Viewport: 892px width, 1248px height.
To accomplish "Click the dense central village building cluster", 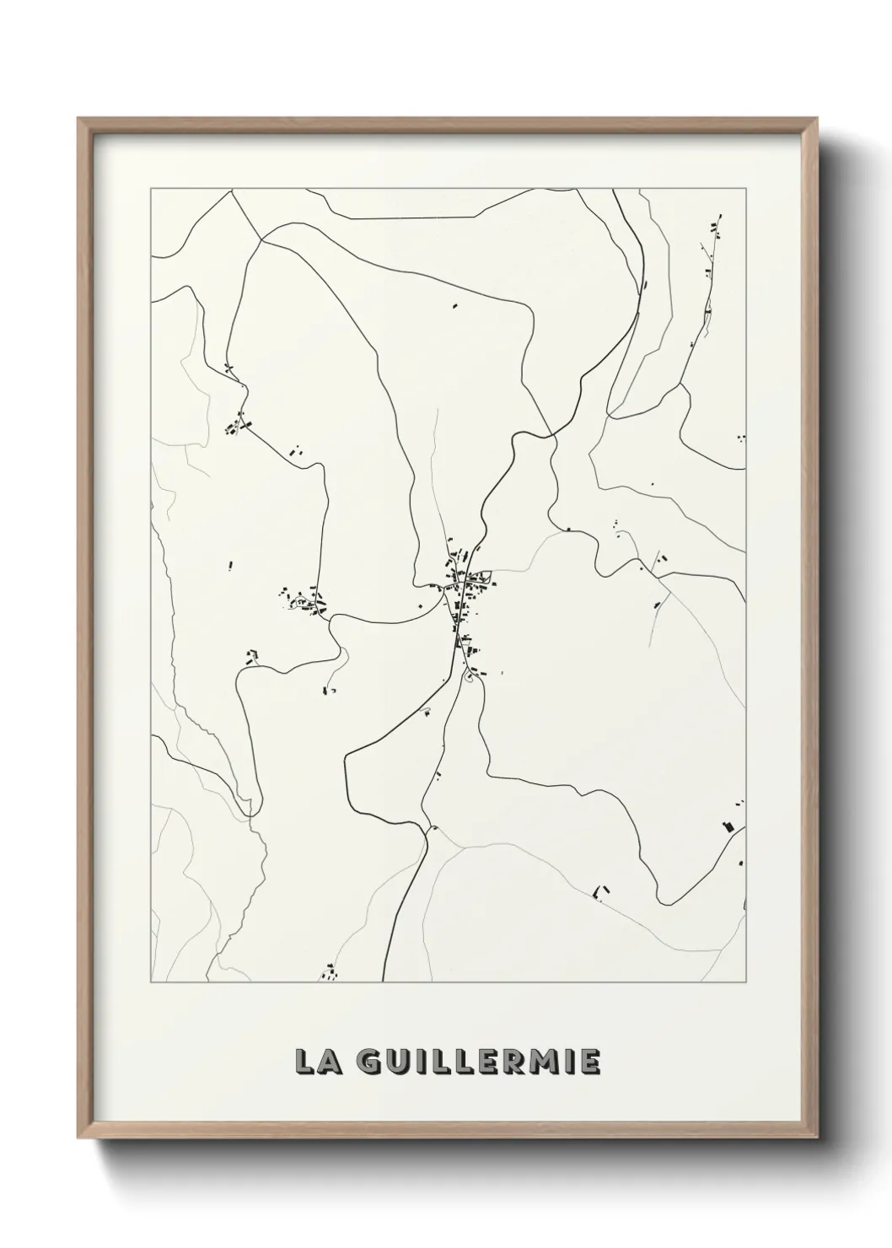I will click(463, 590).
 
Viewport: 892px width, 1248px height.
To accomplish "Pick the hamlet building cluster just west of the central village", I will click(304, 600).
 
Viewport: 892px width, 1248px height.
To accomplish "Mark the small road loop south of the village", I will click(470, 677).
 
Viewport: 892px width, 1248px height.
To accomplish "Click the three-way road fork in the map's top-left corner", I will click(261, 239).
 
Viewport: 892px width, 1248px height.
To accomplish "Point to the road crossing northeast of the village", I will click(552, 436).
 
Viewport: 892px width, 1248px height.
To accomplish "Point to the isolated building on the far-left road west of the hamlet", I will click(230, 565).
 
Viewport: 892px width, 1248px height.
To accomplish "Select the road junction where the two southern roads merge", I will click(429, 828).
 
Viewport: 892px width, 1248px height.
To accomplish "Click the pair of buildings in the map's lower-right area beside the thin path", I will click(601, 890).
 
